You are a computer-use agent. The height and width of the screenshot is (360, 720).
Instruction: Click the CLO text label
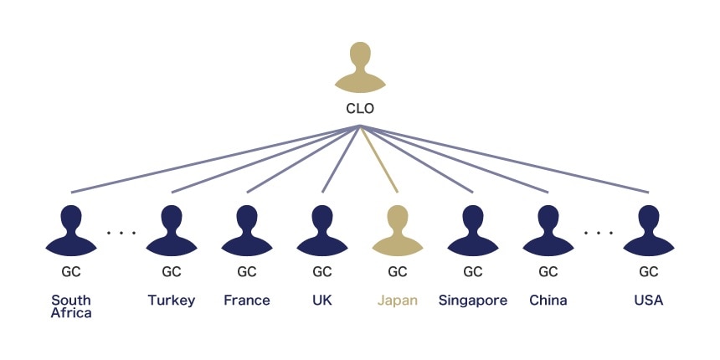coord(360,109)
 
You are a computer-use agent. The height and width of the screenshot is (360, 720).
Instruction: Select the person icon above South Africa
coord(71,230)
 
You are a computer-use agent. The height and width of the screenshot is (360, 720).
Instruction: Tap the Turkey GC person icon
coord(172,230)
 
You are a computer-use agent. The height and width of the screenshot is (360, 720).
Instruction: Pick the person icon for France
coord(247,230)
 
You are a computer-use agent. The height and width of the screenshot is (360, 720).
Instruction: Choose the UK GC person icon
coord(322,230)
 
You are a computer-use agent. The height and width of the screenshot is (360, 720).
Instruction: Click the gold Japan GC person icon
coord(398,230)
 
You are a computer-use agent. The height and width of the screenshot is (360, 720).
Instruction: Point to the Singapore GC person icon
coord(473,230)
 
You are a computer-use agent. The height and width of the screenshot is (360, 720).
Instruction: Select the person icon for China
coord(548,230)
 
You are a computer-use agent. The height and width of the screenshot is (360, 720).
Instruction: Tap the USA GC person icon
coord(649,230)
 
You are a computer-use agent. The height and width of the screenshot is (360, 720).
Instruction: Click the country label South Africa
coord(71,306)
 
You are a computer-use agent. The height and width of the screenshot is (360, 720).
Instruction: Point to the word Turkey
coord(172,301)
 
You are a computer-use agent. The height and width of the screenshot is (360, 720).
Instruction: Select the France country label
coord(247,301)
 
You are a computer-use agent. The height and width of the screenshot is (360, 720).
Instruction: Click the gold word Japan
coord(398,301)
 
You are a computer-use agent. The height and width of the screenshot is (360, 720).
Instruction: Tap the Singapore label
coord(473,301)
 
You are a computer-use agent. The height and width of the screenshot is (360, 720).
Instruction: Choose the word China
coord(548,301)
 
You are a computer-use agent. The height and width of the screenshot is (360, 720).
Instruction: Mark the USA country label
coord(649,301)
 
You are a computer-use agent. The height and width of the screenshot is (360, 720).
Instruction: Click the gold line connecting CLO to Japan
coord(379,160)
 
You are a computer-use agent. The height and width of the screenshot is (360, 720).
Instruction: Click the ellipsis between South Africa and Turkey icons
coord(121,232)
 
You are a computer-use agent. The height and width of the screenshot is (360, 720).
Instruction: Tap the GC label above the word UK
coord(322,272)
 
